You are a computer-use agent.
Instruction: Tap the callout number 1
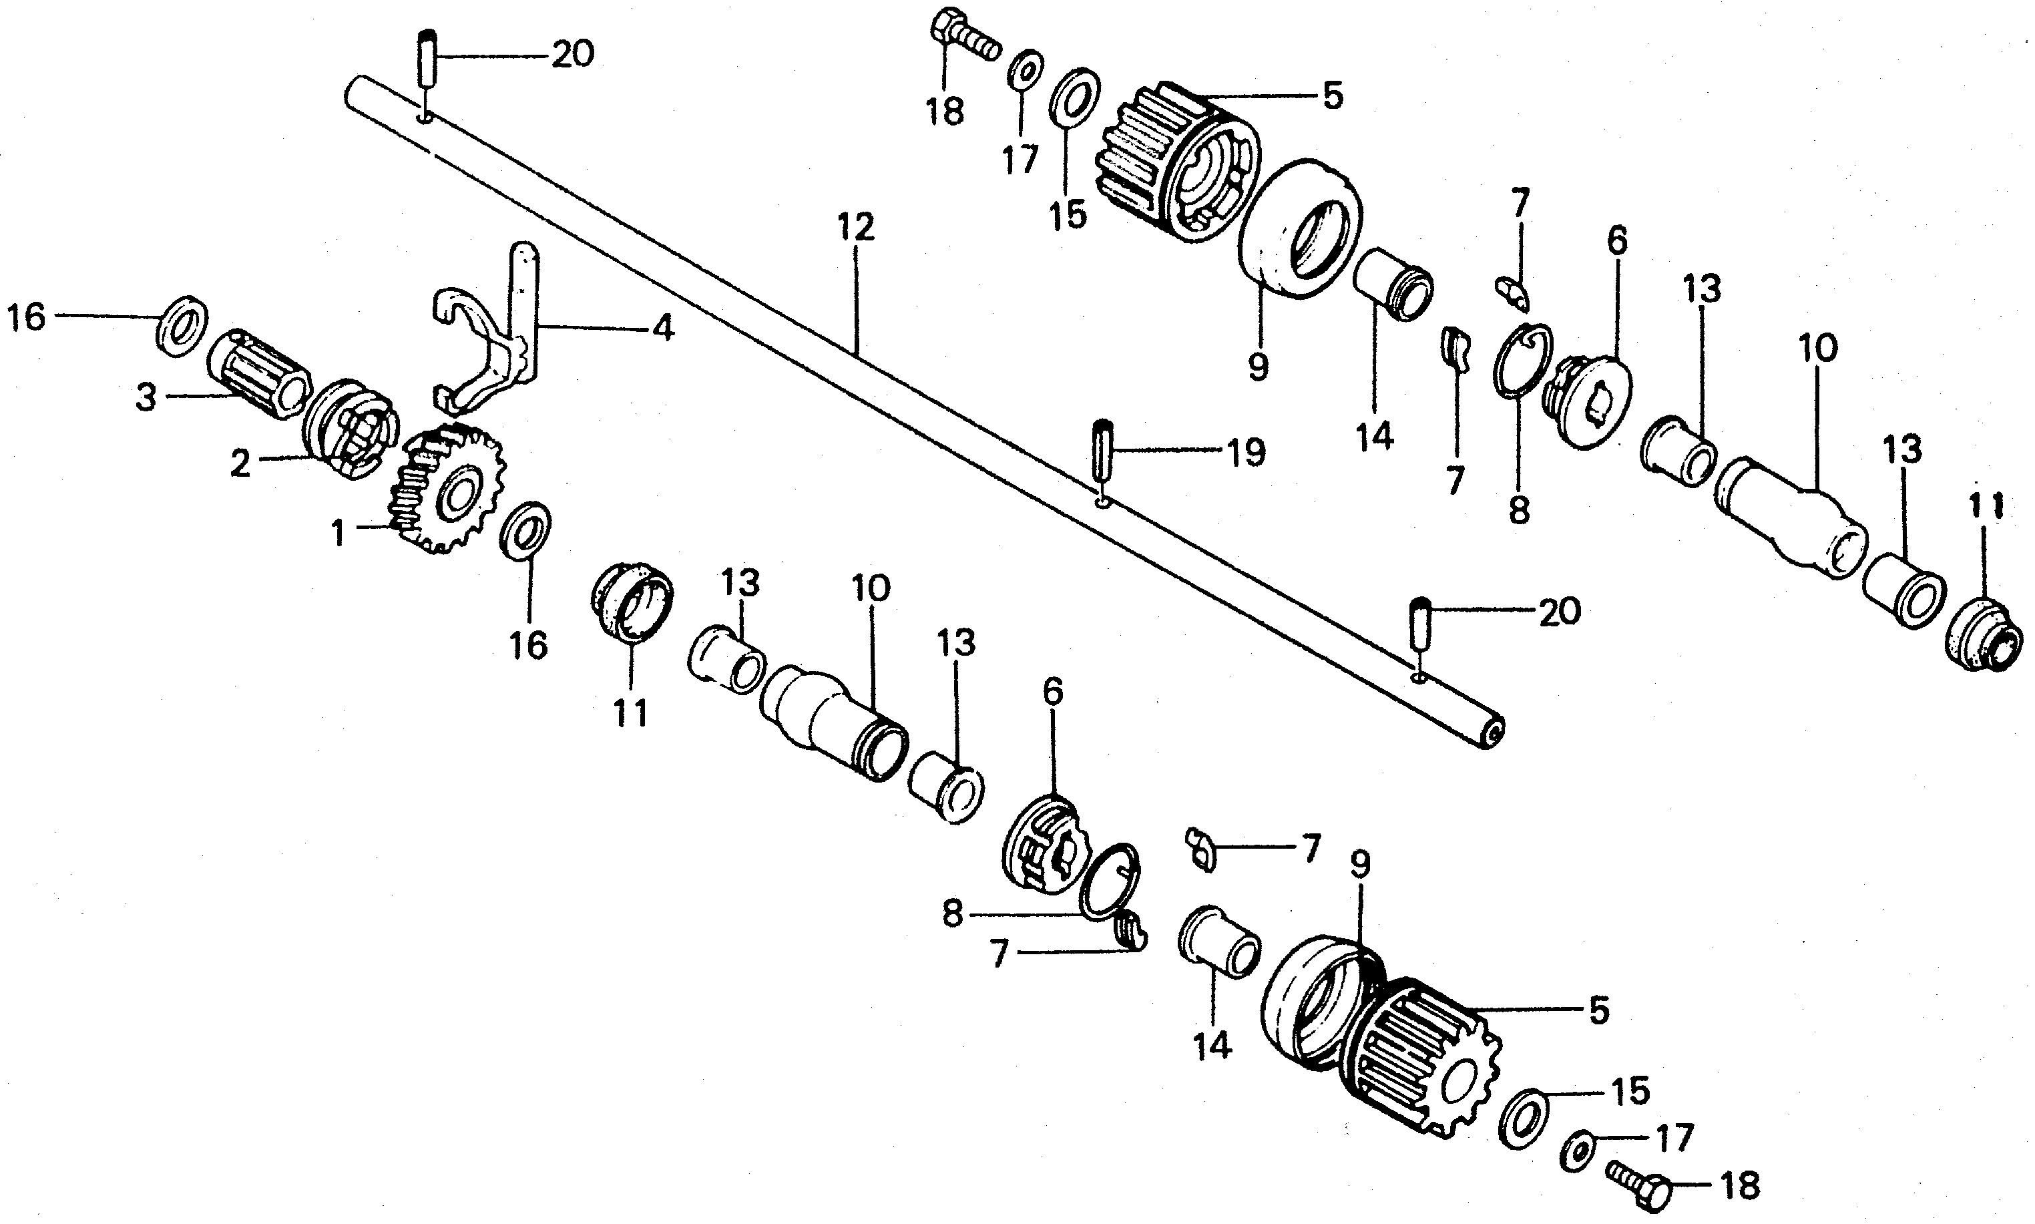click(x=338, y=534)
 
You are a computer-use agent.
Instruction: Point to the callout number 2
click(x=240, y=463)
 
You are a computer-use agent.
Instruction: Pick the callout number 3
click(x=146, y=399)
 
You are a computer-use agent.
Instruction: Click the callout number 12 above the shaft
click(x=855, y=228)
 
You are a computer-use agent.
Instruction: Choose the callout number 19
click(x=1245, y=452)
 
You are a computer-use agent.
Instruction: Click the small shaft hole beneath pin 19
click(x=1103, y=501)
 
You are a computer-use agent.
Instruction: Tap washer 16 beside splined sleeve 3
click(x=182, y=324)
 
